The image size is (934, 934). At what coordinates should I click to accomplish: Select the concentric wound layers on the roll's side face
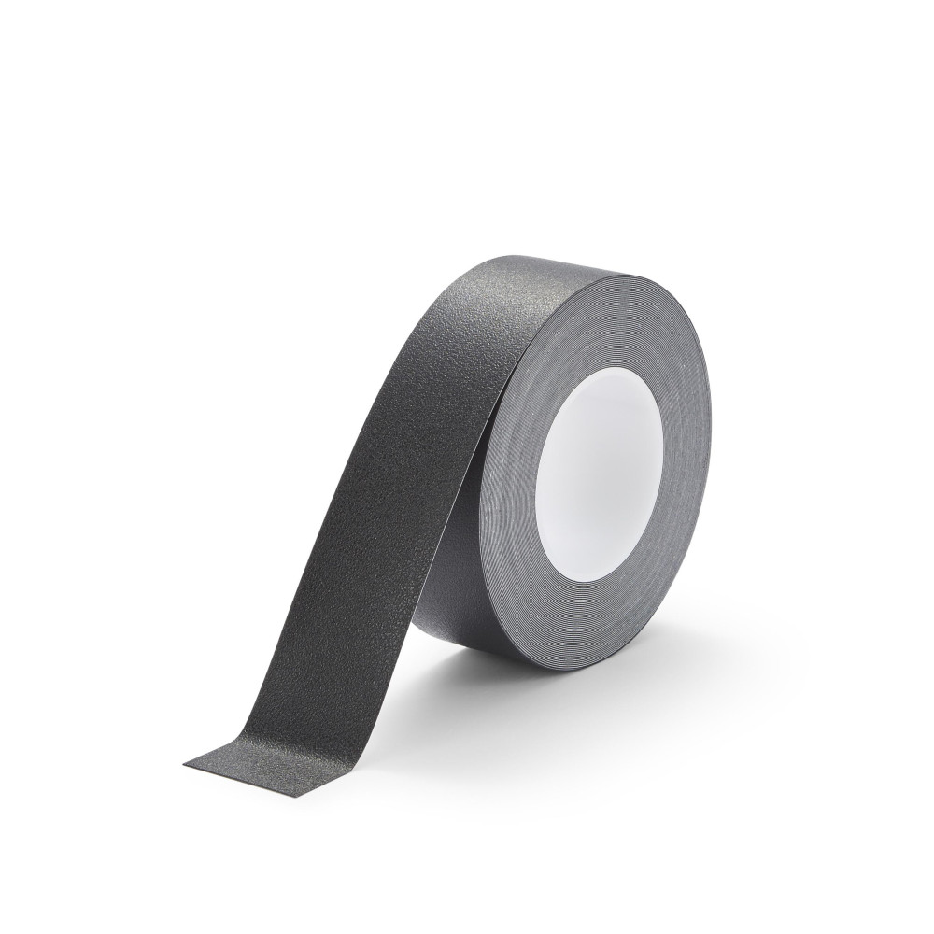point(654,560)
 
